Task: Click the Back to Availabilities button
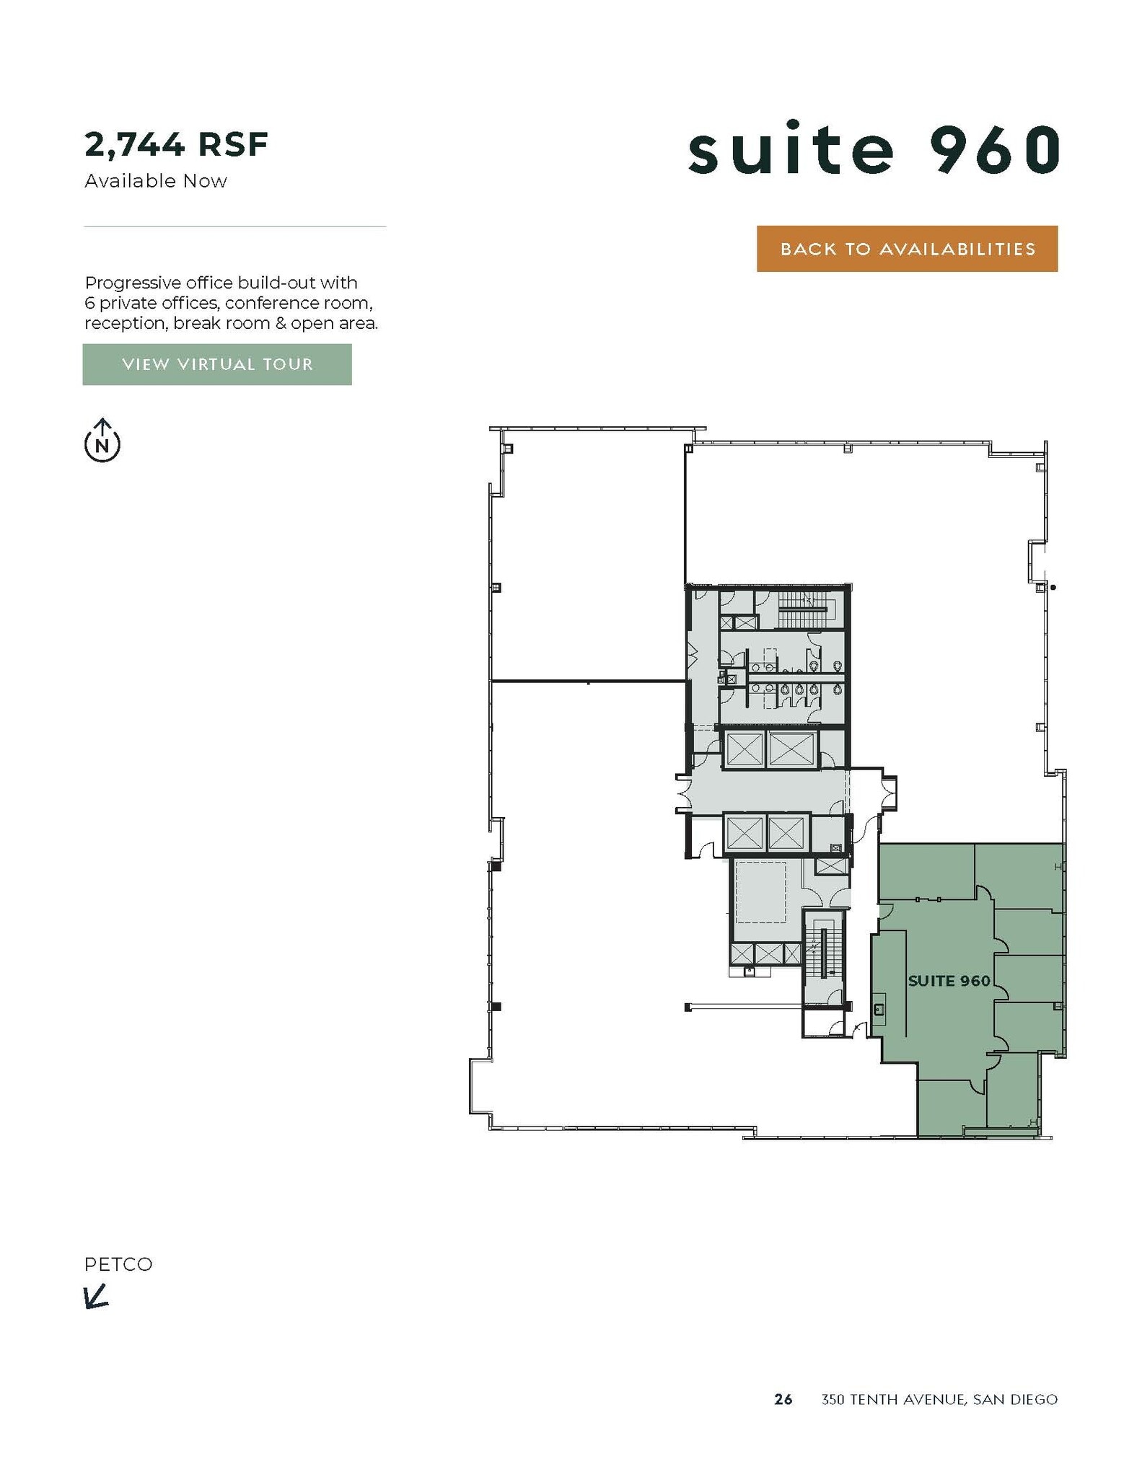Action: point(907,249)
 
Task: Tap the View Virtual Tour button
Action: point(217,364)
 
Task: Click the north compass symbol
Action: point(102,441)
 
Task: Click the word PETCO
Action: point(118,1264)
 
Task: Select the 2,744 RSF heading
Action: point(177,144)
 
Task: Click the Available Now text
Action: point(156,181)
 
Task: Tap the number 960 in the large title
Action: point(996,149)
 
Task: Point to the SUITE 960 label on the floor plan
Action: point(949,981)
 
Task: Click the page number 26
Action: point(783,1400)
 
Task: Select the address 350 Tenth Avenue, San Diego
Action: point(939,1400)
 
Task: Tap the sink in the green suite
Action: point(879,1008)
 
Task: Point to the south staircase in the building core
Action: point(823,955)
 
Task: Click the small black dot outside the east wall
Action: point(1053,588)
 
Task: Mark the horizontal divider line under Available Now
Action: point(235,226)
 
